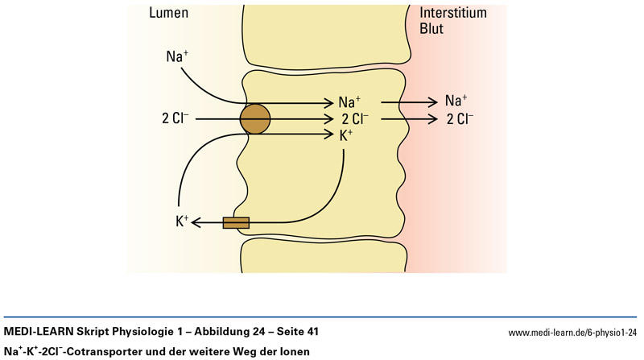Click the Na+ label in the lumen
(177, 56)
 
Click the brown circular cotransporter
(255, 119)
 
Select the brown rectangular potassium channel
(236, 222)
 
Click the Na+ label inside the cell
(350, 102)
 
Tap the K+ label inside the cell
(345, 135)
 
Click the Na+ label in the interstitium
(456, 101)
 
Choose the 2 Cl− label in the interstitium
(460, 119)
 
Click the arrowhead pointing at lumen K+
(198, 222)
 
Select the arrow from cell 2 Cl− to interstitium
(411, 119)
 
